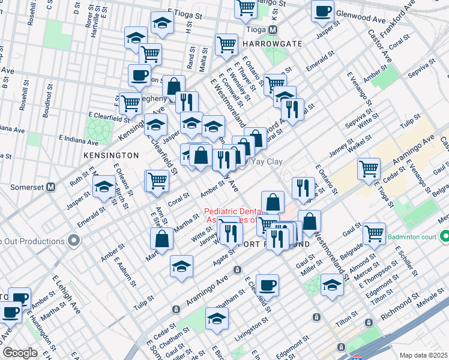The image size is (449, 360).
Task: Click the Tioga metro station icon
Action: tap(273, 30)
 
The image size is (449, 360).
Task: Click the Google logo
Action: tap(20, 353)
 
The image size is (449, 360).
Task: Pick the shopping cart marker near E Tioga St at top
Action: tap(246, 7)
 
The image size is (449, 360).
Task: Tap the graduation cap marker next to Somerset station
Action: tap(104, 187)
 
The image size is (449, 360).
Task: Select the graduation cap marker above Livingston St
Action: tap(217, 318)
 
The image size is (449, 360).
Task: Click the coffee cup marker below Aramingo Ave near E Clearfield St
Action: tap(267, 285)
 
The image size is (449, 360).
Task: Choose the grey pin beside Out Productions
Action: tap(74, 241)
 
